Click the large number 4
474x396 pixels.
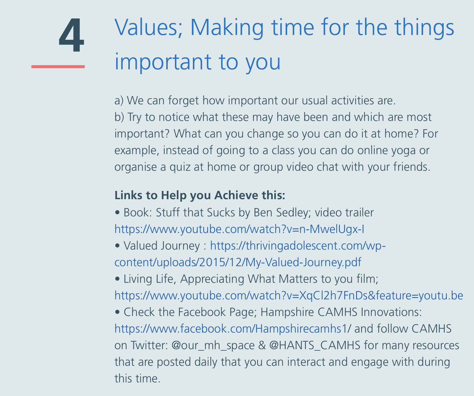tap(71, 35)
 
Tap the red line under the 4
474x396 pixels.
tap(58, 67)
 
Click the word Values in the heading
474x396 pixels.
tap(148, 27)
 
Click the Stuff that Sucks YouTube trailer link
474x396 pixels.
tap(239, 229)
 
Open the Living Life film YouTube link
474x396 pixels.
tap(289, 296)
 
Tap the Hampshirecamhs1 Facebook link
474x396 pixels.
tap(230, 329)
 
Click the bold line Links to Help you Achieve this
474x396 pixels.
tap(200, 195)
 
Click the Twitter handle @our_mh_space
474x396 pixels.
tap(213, 346)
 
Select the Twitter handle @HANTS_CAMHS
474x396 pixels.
tap(315, 346)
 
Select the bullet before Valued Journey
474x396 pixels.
tap(117, 246)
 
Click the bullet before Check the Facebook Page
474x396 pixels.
tap(117, 312)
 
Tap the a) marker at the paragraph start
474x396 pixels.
tap(119, 101)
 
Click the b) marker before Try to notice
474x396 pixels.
tap(119, 117)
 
